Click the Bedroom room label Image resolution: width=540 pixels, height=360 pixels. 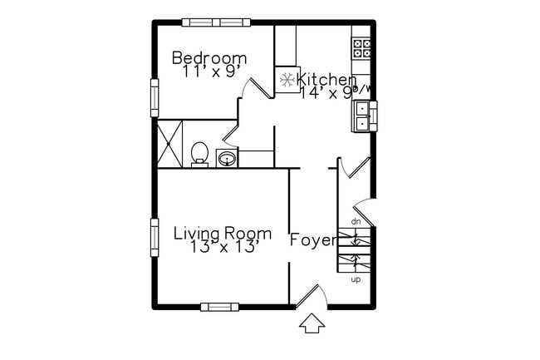pos(209,58)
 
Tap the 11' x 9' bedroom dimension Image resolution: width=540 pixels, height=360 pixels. pos(209,72)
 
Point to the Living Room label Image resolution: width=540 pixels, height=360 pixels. pos(222,234)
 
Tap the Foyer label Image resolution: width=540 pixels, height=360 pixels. pos(313,241)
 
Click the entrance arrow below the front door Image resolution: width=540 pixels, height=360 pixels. pos(312,324)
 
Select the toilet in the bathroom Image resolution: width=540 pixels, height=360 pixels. pos(199,154)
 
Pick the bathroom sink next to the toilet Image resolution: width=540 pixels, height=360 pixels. pos(226,158)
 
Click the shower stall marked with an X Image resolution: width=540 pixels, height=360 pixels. pos(170,144)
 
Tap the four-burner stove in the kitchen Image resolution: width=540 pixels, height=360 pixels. pos(361,47)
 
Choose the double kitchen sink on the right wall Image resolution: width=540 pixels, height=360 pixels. pos(364,117)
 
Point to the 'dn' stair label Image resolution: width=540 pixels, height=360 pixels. pos(356,221)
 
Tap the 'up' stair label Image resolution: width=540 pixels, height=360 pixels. pos(356,279)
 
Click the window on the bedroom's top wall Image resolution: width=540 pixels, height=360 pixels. pos(216,22)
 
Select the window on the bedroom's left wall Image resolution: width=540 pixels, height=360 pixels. pos(154,97)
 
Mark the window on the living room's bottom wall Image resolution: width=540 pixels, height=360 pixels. pos(219,307)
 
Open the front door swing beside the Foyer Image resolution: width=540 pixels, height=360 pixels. pos(310,295)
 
